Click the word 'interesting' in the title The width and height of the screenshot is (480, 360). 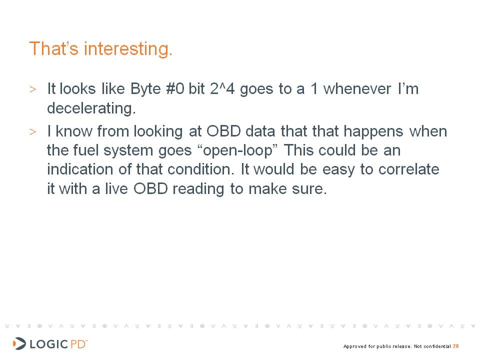126,49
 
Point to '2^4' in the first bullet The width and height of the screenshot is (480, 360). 222,89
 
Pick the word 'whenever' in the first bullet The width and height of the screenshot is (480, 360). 357,89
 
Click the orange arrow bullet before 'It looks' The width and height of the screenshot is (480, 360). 33,89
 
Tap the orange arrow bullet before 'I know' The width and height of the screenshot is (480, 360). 33,132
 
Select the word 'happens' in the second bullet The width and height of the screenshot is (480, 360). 373,132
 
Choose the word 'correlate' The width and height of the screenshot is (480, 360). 408,169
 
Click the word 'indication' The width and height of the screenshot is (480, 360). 80,169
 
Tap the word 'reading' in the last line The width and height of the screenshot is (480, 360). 198,189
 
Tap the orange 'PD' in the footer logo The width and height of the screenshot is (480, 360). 78,344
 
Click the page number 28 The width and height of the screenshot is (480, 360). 455,346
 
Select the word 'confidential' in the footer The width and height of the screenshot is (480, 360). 437,346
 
